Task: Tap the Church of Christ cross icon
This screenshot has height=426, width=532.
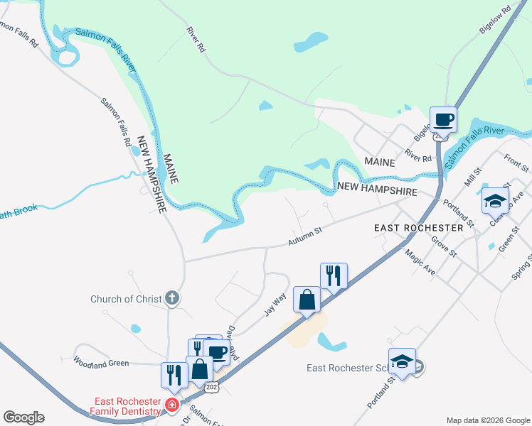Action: [172, 299]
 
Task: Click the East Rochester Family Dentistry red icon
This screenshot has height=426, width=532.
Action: [171, 405]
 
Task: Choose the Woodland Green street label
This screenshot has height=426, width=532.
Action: [101, 362]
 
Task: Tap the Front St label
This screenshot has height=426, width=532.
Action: [517, 163]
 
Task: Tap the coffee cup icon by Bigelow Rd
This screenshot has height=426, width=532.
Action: [443, 119]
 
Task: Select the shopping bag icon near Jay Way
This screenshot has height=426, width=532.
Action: [307, 299]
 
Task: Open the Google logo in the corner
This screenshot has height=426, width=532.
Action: [23, 417]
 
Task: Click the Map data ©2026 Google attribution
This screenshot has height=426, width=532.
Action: [488, 420]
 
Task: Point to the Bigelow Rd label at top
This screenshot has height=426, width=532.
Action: [496, 21]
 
